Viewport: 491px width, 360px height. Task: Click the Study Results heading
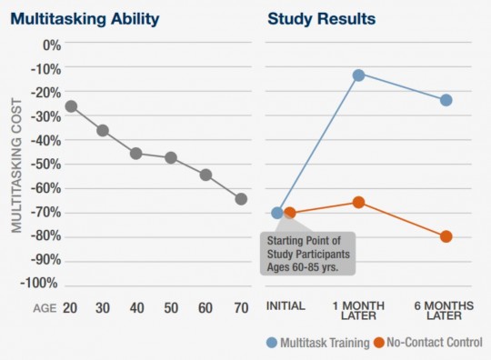click(x=322, y=16)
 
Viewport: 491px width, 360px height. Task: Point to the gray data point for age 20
click(x=71, y=106)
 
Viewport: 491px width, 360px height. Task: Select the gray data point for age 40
click(x=135, y=153)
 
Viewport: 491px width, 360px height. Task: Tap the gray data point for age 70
click(x=241, y=198)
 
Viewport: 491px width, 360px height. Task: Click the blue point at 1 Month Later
click(x=358, y=75)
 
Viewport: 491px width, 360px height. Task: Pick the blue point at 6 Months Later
click(x=446, y=99)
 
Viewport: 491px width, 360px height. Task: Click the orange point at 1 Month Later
click(x=358, y=202)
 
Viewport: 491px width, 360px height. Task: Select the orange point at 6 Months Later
click(x=446, y=236)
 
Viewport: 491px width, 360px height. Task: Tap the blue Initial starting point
click(x=277, y=213)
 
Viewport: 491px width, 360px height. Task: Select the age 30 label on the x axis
click(x=103, y=308)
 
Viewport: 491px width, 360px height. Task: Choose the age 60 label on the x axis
click(x=206, y=308)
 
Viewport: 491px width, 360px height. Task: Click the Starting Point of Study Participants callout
click(x=307, y=251)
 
